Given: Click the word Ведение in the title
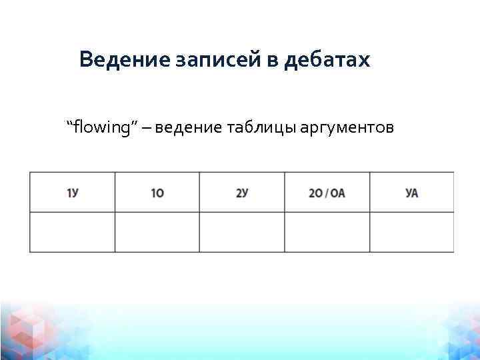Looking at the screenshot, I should click(124, 60).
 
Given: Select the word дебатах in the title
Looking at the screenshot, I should click(326, 60).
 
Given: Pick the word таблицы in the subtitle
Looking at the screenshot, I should click(255, 127).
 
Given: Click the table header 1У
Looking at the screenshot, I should click(73, 193).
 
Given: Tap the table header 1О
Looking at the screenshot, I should click(157, 193).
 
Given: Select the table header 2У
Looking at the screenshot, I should click(242, 193).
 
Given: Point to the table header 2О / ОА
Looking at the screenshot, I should click(327, 193).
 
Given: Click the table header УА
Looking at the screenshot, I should click(411, 193).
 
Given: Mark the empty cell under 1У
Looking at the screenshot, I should click(73, 232).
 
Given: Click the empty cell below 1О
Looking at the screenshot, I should click(157, 232).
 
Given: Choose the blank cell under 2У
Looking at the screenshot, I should click(242, 232).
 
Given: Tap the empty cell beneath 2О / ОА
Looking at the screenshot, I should click(327, 232).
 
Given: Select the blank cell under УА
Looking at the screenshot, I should click(411, 232).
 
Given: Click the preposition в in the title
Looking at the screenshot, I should click(273, 61).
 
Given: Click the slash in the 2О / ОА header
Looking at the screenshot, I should click(327, 193).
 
